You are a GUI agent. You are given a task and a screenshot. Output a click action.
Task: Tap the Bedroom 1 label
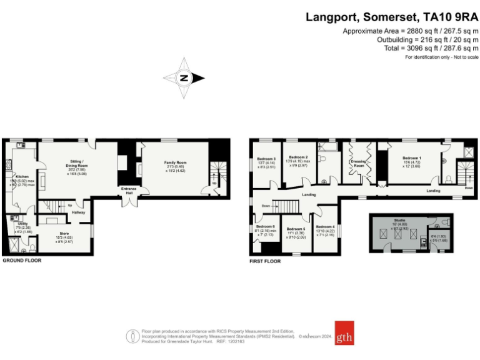point(411,158)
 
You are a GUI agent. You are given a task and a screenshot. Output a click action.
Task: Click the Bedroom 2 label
point(298,157)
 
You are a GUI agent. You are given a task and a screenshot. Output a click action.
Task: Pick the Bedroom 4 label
point(325,226)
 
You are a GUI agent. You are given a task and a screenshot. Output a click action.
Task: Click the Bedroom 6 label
point(265,226)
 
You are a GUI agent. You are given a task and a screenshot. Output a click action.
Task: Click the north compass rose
point(184,78)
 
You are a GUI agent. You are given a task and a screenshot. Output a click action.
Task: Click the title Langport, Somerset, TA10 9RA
point(392,17)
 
